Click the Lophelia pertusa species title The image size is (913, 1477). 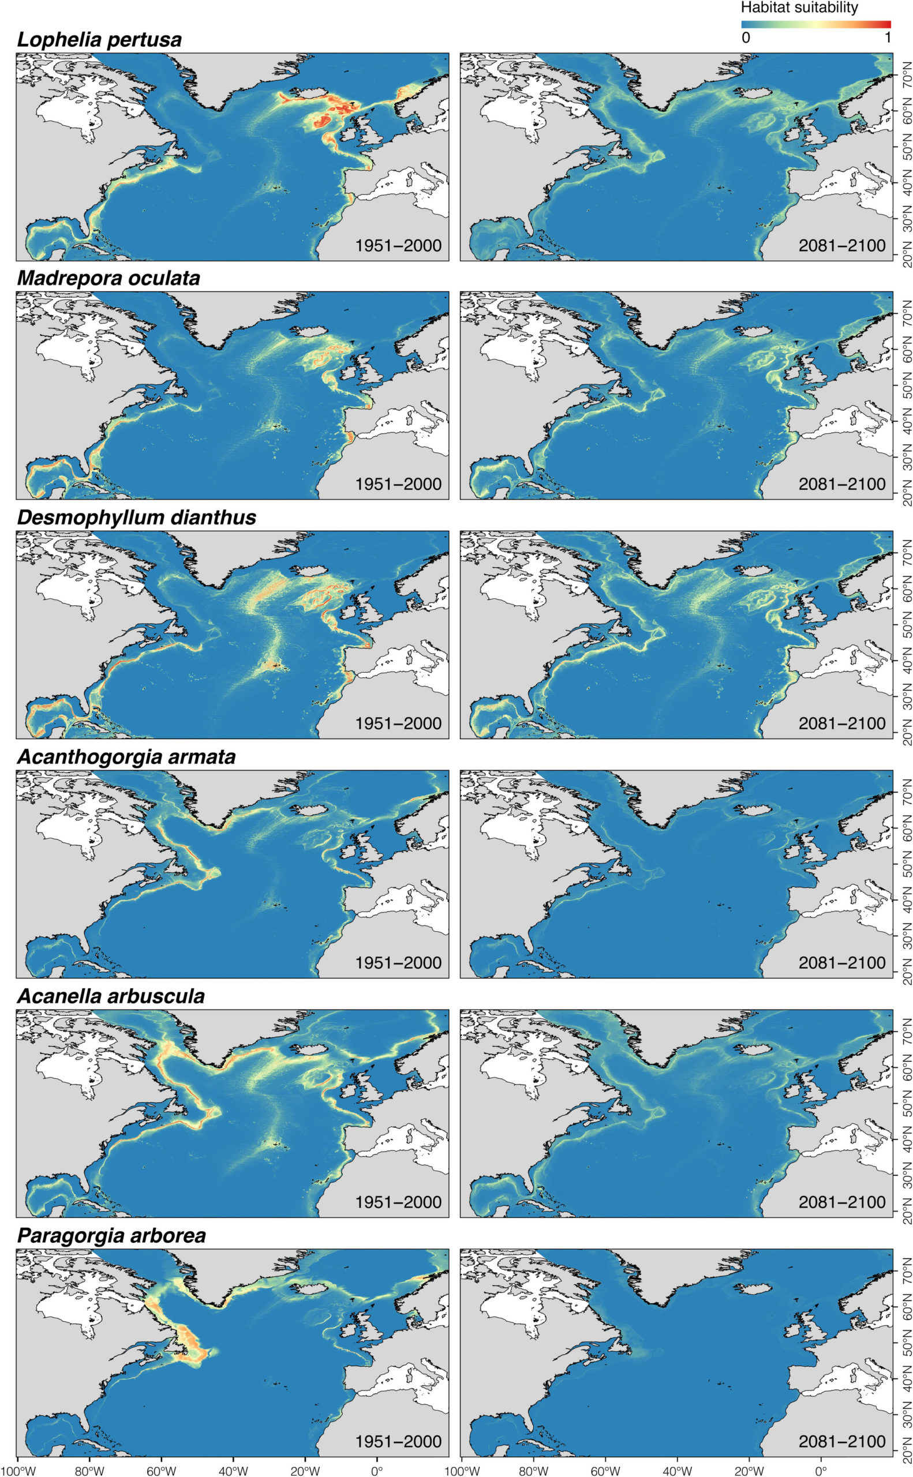point(100,40)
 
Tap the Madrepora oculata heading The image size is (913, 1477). point(108,278)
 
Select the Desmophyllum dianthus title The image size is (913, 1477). point(136,518)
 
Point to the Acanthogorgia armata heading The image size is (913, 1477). point(126,756)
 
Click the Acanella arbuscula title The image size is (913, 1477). point(111,995)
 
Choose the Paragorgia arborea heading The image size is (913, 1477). point(112,1234)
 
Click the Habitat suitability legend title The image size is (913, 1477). point(799,8)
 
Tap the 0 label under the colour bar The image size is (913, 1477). point(746,38)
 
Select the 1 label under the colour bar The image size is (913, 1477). point(887,38)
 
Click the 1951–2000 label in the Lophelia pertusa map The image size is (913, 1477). point(398,246)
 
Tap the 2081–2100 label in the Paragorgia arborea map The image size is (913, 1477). point(842,1441)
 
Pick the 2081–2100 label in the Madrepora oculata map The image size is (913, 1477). point(842,484)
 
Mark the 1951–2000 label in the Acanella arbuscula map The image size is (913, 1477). point(398,1202)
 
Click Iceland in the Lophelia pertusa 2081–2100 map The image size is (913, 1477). point(751,94)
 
